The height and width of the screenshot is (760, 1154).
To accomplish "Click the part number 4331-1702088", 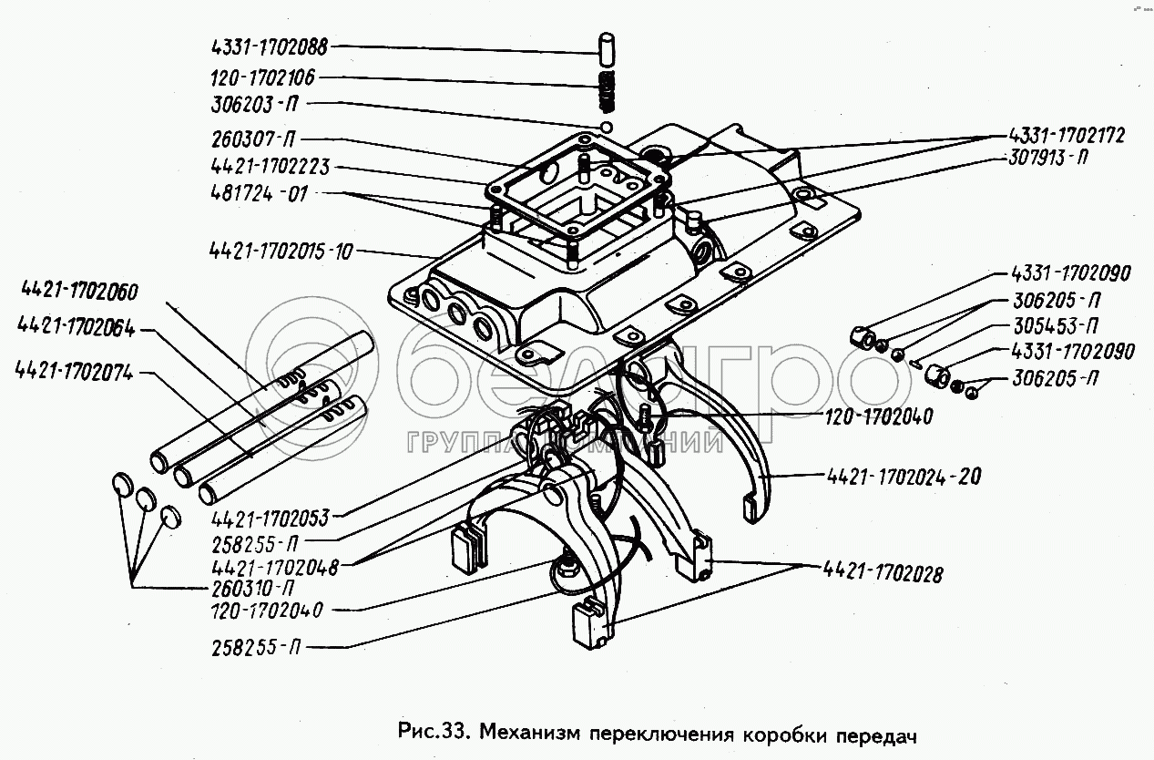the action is (270, 47).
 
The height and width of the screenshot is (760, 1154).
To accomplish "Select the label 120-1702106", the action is (262, 77).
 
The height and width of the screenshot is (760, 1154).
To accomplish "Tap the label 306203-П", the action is (254, 104).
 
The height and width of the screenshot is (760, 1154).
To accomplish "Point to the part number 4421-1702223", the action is (271, 167).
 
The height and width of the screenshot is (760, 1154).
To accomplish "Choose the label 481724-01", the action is (260, 194).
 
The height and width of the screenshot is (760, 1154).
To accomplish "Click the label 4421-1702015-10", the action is (281, 252).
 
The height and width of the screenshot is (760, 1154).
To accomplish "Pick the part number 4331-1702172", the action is (1066, 136).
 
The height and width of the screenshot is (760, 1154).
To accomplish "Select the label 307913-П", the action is (1047, 157).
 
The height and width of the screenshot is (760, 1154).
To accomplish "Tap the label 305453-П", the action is (1056, 326).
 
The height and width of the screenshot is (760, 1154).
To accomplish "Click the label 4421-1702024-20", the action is (904, 477).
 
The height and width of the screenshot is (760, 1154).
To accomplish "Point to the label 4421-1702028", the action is (883, 574).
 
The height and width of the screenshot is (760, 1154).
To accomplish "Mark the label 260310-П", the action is (252, 589).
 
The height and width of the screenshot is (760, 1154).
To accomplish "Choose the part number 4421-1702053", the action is (270, 519).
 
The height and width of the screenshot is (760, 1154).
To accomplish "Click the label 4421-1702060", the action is (80, 292).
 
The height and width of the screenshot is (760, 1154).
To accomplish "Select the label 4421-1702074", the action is (75, 371).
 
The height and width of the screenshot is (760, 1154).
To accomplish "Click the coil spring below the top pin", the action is (608, 91).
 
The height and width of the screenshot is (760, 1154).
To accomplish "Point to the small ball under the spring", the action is (607, 127).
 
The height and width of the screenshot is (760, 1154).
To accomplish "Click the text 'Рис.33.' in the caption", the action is (433, 732).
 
